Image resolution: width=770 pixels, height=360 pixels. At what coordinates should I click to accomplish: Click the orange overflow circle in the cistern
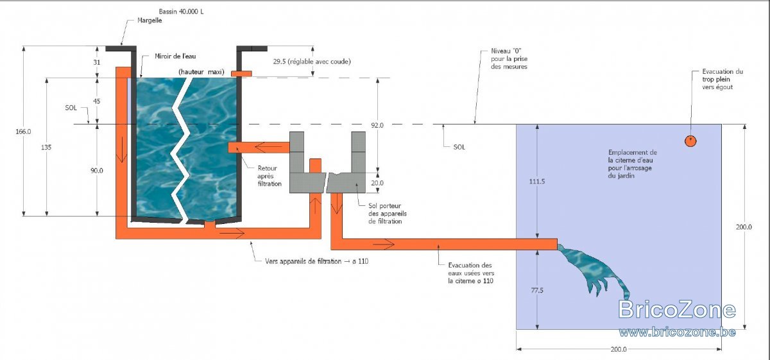pyautogui.click(x=690, y=141)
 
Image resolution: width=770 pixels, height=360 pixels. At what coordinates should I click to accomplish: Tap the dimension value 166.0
pyautogui.click(x=23, y=132)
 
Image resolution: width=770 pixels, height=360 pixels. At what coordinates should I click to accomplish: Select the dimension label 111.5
pyautogui.click(x=537, y=181)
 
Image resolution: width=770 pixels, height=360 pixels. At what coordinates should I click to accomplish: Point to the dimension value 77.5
pyautogui.click(x=537, y=290)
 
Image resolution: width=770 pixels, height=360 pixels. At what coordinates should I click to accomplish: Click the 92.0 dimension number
pyautogui.click(x=377, y=125)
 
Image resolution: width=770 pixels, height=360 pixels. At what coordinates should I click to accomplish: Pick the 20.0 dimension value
pyautogui.click(x=377, y=183)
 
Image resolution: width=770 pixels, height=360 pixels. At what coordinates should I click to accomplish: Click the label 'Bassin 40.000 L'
pyautogui.click(x=181, y=12)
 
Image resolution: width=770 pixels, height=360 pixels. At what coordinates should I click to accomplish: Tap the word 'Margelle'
pyautogui.click(x=150, y=21)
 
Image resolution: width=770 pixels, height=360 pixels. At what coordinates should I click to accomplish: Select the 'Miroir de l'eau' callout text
pyautogui.click(x=175, y=56)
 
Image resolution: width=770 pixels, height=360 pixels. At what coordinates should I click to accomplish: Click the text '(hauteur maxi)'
pyautogui.click(x=201, y=72)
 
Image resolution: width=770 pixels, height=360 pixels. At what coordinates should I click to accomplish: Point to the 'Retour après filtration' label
pyautogui.click(x=269, y=176)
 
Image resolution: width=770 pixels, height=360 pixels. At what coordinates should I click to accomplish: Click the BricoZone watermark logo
pyautogui.click(x=677, y=309)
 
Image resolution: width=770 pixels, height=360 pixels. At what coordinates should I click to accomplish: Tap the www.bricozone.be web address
pyautogui.click(x=677, y=332)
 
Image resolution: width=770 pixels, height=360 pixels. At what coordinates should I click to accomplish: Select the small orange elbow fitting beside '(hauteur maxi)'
pyautogui.click(x=241, y=74)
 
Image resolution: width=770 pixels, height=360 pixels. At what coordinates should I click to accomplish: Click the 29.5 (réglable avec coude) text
pyautogui.click(x=312, y=62)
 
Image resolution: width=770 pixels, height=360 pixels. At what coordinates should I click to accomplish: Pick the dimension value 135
pyautogui.click(x=46, y=147)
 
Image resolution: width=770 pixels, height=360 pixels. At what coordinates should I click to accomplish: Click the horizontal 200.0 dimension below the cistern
pyautogui.click(x=619, y=349)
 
